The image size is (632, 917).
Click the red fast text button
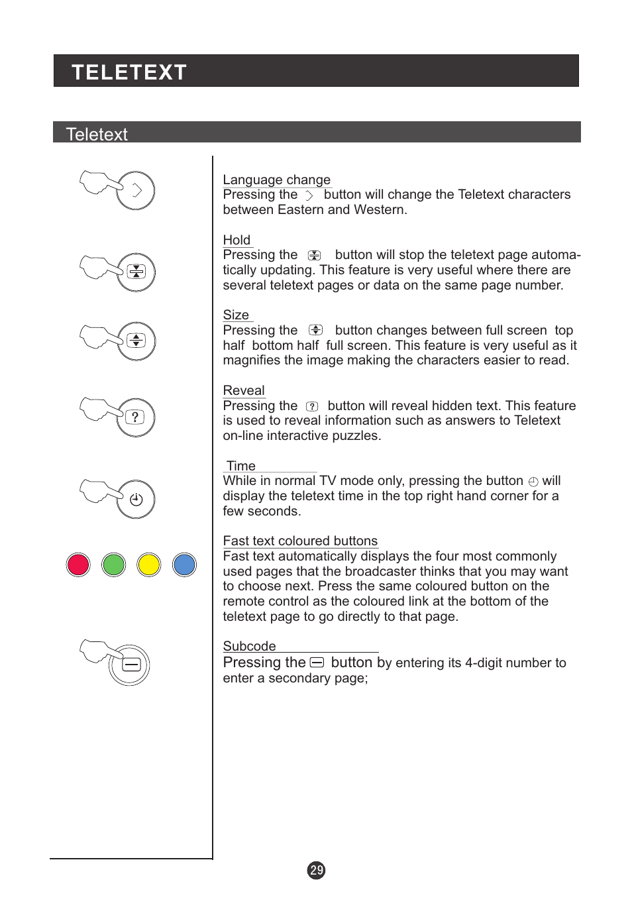78,565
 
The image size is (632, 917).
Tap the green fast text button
114,565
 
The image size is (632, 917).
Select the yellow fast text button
149,565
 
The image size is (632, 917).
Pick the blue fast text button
184,565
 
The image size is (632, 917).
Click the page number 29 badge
317,871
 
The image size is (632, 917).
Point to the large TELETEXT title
129,72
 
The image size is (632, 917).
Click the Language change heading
276,180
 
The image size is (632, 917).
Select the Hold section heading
237,241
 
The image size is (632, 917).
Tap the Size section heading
236,315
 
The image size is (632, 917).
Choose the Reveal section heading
244,391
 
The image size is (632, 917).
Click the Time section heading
241,466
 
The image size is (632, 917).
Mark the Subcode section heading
249,647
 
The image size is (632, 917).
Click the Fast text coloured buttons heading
300,541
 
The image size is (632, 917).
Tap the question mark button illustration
136,417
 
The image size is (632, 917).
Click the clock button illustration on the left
136,500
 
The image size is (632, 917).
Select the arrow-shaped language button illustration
136,191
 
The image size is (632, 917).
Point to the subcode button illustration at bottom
131,665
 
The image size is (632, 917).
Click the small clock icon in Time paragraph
533,482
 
